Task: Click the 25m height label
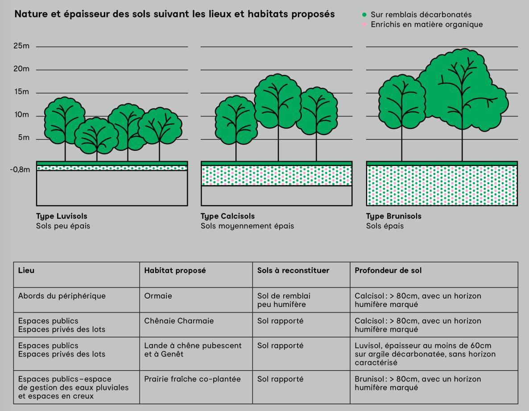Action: [x=21, y=46]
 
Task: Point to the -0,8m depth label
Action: [x=21, y=170]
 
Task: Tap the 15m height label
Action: [x=21, y=92]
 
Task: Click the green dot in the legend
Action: [x=364, y=15]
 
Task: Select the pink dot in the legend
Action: [x=364, y=25]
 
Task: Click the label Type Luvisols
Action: [x=62, y=216]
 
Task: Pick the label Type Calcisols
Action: [x=227, y=216]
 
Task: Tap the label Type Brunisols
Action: [x=393, y=216]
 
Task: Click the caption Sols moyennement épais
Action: [x=247, y=226]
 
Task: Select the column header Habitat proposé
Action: [x=175, y=271]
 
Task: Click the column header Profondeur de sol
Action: [x=387, y=271]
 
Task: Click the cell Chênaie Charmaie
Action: [x=179, y=321]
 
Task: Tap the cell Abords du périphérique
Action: [x=62, y=296]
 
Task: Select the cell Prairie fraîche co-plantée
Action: [x=192, y=379]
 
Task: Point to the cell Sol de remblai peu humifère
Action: [x=284, y=300]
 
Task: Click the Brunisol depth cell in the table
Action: [x=418, y=383]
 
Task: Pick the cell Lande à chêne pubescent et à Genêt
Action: [x=193, y=350]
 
